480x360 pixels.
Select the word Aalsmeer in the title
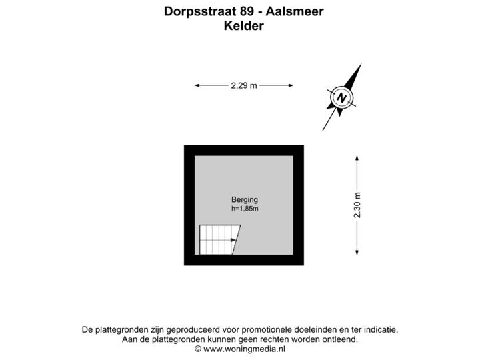click(x=295, y=11)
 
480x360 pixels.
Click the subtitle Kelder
click(x=244, y=26)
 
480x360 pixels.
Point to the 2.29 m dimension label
click(x=244, y=85)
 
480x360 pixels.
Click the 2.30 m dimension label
click(x=357, y=205)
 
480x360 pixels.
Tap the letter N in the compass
click(x=341, y=97)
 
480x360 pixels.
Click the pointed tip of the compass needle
click(x=361, y=64)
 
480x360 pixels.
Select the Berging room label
click(x=245, y=200)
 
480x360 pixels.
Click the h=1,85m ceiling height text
click(x=245, y=209)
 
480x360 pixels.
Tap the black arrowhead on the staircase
click(x=233, y=240)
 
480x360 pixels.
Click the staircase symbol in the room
click(x=220, y=240)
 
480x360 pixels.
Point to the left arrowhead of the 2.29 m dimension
click(x=197, y=85)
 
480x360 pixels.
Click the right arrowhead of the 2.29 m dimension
click(x=291, y=85)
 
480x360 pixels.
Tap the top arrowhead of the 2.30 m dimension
click(x=357, y=158)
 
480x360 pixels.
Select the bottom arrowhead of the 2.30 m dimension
click(x=357, y=252)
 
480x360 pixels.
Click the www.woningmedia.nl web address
click(x=244, y=349)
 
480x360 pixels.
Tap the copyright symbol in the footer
click(x=198, y=349)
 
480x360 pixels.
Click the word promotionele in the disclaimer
click(x=267, y=330)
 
